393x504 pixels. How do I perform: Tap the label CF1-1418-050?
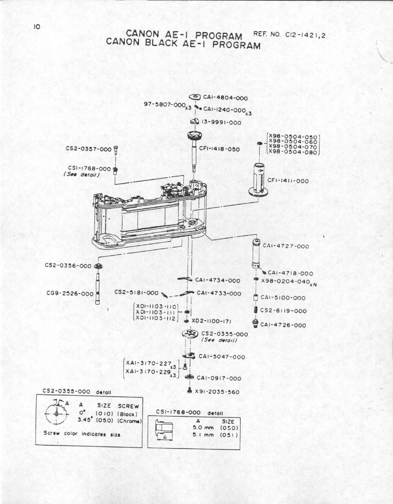[x=219, y=149]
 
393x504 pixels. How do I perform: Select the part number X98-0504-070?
[x=293, y=147]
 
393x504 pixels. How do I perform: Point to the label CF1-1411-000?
[x=288, y=181]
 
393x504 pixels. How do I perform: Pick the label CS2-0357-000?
[x=88, y=148]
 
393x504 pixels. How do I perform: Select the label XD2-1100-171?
[x=212, y=321]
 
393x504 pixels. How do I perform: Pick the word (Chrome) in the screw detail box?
[x=130, y=421]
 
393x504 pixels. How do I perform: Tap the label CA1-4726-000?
[x=283, y=325]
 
